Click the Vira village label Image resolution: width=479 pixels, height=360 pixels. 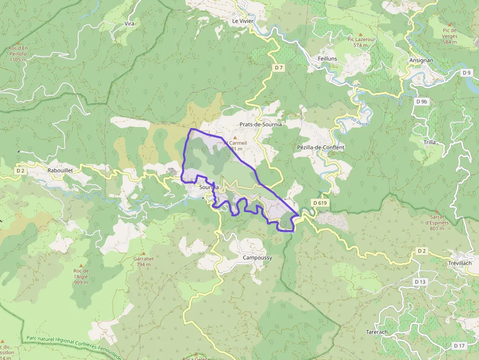[130, 23]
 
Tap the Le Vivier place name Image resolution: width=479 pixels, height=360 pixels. [242, 21]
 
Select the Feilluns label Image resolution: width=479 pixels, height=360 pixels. [327, 59]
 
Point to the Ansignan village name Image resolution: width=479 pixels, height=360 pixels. [421, 61]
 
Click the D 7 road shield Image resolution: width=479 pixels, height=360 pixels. [279, 68]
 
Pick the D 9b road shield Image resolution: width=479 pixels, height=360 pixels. [422, 102]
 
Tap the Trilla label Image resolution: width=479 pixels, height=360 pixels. [430, 142]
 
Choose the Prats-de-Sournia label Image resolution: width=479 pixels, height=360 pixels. [261, 125]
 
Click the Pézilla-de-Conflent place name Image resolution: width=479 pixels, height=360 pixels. [321, 147]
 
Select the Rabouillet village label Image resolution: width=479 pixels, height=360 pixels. [60, 170]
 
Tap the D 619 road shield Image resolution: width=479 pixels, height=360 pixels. [319, 203]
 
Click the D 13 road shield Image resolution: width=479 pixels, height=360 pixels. [420, 282]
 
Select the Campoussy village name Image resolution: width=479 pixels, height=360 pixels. [257, 257]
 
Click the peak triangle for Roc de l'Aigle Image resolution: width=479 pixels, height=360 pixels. [81, 265]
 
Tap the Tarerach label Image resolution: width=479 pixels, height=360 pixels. [377, 332]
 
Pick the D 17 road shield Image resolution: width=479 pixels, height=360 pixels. [459, 346]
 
